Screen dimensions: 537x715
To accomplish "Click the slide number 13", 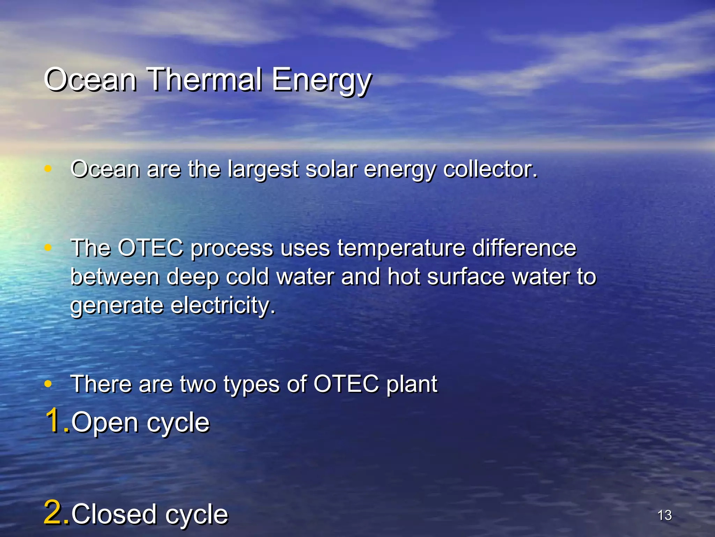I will tap(664, 515).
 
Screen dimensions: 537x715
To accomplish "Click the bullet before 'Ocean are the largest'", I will tap(48, 169).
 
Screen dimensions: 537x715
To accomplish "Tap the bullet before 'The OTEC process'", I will tap(48, 248).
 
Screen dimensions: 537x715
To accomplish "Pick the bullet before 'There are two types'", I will tap(48, 384).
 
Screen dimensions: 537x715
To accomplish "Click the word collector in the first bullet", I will tap(489, 169).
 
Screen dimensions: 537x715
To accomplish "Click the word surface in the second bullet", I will tap(466, 277).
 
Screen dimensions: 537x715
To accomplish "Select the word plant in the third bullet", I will tap(412, 385).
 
